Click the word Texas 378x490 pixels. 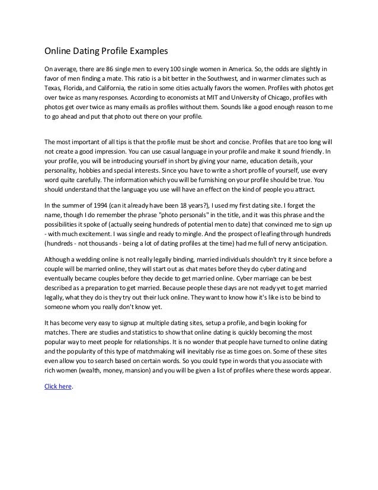click(x=54, y=89)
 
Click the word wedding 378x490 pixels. click(x=90, y=259)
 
